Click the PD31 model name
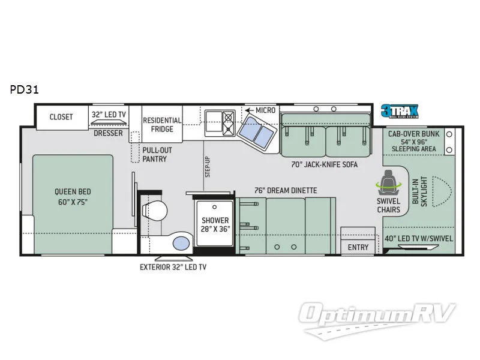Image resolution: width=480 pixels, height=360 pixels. [x=25, y=90]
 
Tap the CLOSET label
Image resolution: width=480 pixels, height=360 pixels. [x=61, y=116]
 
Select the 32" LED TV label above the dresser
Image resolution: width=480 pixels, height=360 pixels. [x=108, y=114]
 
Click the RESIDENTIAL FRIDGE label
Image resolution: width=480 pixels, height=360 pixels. [x=162, y=125]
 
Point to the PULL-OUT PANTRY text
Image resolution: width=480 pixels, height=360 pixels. [x=155, y=154]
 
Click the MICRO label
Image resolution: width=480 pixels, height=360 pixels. [x=265, y=110]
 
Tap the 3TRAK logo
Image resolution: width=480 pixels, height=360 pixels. [x=400, y=111]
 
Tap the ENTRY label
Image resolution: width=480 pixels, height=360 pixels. [x=358, y=247]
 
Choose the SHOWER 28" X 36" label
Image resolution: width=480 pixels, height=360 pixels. [x=215, y=224]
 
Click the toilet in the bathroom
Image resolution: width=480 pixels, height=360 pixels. [x=155, y=212]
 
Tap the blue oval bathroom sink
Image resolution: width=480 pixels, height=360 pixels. [x=180, y=243]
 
